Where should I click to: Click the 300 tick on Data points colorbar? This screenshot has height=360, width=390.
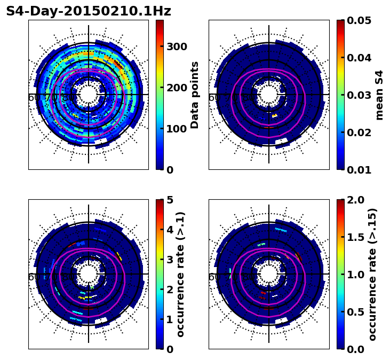(177, 46)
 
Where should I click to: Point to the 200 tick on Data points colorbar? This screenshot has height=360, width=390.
(177, 88)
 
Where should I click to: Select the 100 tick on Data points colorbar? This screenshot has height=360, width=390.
(177, 129)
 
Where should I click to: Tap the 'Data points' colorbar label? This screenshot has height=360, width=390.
(195, 95)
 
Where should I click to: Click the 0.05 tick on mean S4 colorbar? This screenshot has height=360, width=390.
(358, 20)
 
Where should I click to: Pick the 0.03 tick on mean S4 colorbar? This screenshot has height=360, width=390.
(358, 95)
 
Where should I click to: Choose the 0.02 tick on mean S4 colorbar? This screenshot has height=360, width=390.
(358, 132)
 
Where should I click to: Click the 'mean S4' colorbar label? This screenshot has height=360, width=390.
(379, 95)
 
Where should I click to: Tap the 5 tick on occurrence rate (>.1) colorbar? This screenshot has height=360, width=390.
(170, 200)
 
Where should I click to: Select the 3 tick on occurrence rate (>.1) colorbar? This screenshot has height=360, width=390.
(170, 260)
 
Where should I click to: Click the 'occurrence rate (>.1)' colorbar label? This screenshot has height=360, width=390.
(180, 274)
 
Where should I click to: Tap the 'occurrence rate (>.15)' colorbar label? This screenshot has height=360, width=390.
(372, 274)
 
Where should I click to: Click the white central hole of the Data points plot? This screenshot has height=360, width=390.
(89, 95)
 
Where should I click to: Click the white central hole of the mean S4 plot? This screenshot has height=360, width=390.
(269, 95)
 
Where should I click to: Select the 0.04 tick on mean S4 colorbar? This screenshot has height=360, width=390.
(358, 58)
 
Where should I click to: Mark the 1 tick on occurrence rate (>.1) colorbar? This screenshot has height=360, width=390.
(170, 319)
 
